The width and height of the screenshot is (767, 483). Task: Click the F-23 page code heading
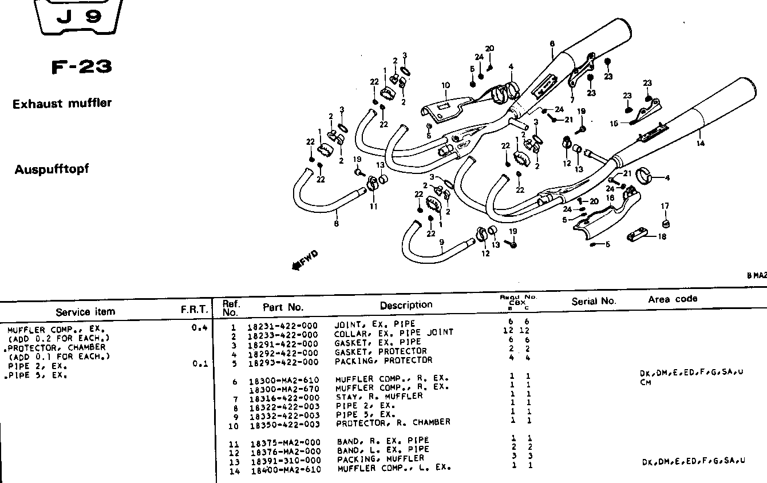pyautogui.click(x=81, y=68)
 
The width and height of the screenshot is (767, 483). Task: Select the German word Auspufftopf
pyautogui.click(x=52, y=169)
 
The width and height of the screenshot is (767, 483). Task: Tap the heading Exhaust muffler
pyautogui.click(x=62, y=104)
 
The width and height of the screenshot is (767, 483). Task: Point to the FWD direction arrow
pyautogui.click(x=304, y=260)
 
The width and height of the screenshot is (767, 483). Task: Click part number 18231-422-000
pyautogui.click(x=283, y=325)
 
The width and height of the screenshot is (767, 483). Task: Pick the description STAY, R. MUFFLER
pyautogui.click(x=379, y=396)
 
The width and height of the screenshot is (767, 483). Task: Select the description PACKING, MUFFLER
pyautogui.click(x=381, y=458)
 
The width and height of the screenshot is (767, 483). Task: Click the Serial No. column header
pyautogui.click(x=594, y=301)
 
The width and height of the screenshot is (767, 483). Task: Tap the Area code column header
pyautogui.click(x=673, y=299)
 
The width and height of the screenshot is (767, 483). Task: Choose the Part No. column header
pyautogui.click(x=283, y=307)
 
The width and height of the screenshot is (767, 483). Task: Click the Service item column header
pyautogui.click(x=85, y=312)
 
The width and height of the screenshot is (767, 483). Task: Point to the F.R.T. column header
pyautogui.click(x=193, y=310)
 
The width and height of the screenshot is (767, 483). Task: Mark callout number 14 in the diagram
pyautogui.click(x=701, y=144)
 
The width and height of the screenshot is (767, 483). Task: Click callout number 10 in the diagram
pyautogui.click(x=446, y=86)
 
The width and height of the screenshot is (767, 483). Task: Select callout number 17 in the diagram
pyautogui.click(x=665, y=206)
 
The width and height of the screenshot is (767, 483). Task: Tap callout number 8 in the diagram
pyautogui.click(x=336, y=224)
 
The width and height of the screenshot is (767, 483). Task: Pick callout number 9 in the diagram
pyautogui.click(x=442, y=242)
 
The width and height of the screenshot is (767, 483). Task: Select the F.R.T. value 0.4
pyautogui.click(x=199, y=328)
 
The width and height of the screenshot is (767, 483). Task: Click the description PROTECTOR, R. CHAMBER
pyautogui.click(x=393, y=422)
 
